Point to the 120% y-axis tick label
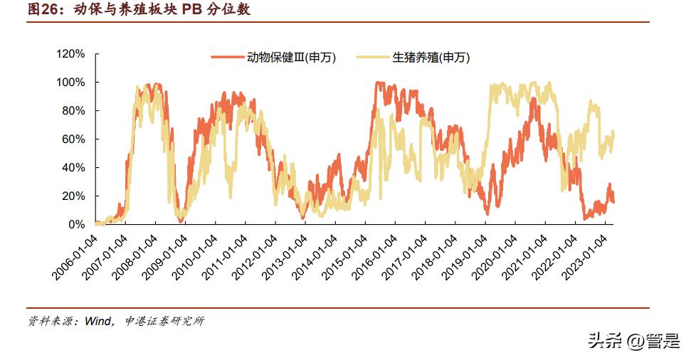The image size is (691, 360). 70,54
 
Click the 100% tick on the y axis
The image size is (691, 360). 70,83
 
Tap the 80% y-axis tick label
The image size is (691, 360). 73,111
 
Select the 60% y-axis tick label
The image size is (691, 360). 73,139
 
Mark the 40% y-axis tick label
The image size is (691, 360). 73,168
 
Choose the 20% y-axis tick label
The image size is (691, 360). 73,196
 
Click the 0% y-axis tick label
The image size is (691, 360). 76,225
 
